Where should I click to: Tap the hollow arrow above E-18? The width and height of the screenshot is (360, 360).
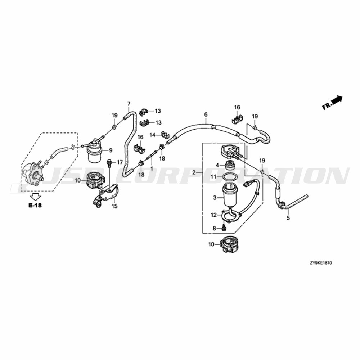[x=35, y=197]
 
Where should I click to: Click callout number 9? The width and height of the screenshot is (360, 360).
[x=111, y=150]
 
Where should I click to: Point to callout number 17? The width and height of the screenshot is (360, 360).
[x=120, y=162]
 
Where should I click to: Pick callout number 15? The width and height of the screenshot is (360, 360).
[x=114, y=206]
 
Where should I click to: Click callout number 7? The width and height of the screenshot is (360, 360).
[x=129, y=104]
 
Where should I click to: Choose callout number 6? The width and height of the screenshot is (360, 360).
[x=206, y=114]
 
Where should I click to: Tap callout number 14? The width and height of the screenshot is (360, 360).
[x=152, y=135]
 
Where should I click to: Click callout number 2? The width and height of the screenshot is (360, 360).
[x=194, y=173]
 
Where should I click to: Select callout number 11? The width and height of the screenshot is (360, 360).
[x=213, y=177]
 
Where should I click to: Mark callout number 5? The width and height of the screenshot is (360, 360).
[x=288, y=218]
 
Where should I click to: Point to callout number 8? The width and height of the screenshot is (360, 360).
[x=214, y=228]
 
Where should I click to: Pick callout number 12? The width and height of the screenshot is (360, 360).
[x=213, y=215]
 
